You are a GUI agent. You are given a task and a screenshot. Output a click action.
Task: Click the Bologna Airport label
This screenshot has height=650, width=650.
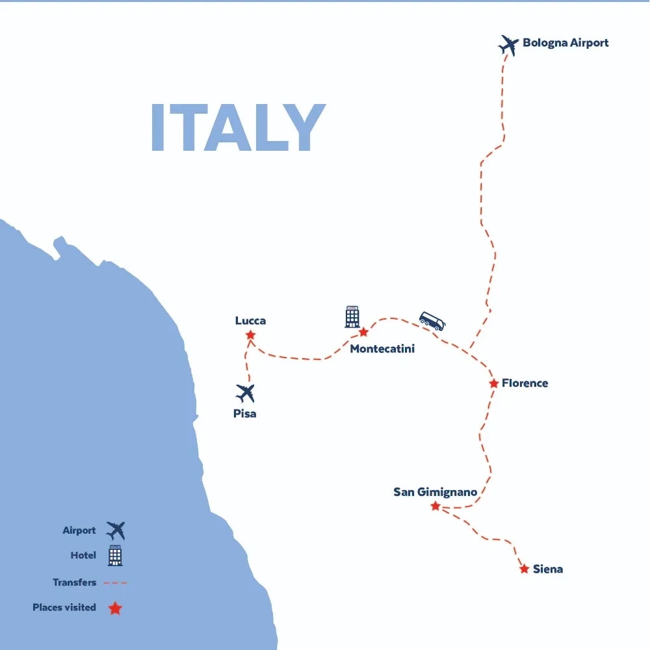[x=565, y=43]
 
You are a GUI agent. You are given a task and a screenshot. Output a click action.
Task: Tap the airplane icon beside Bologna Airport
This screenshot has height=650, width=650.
[x=508, y=45]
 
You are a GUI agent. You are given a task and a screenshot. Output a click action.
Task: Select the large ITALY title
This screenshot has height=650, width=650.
[x=237, y=128]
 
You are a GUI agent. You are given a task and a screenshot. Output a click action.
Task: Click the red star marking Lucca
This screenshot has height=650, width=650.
[x=250, y=335]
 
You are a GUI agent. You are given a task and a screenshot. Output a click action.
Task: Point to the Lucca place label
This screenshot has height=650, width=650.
[x=250, y=320]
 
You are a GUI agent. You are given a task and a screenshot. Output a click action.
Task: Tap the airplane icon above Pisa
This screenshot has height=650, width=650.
[x=245, y=393]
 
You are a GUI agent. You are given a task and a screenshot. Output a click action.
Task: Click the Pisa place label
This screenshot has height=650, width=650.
[x=245, y=413]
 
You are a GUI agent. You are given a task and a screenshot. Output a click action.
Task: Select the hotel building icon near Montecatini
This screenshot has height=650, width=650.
[x=352, y=317]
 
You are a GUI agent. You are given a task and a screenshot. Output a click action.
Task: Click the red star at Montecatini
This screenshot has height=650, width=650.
[x=363, y=332]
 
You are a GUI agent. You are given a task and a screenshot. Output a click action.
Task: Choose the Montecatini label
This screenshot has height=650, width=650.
[x=382, y=349]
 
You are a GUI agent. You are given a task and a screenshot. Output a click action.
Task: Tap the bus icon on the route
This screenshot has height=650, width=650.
[x=432, y=321]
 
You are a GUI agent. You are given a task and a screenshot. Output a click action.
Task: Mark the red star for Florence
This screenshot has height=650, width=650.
[x=494, y=383]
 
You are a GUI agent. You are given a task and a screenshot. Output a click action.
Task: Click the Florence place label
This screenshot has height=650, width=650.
[x=525, y=383]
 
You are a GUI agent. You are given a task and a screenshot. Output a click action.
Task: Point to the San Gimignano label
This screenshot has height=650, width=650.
[x=435, y=492]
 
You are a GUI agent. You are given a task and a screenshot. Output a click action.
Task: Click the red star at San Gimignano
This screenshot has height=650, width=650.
[x=435, y=506]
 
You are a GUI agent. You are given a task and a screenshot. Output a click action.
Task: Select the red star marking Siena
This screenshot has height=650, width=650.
[x=524, y=569]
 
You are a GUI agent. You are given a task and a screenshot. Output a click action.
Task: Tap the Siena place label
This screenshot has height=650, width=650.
[x=548, y=569]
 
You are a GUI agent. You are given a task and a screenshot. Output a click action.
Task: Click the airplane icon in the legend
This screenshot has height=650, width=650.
[x=116, y=530]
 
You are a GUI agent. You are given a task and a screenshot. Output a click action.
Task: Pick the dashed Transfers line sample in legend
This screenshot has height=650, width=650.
[x=116, y=583]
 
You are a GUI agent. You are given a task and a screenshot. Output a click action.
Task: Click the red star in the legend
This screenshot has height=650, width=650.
[x=115, y=608]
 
